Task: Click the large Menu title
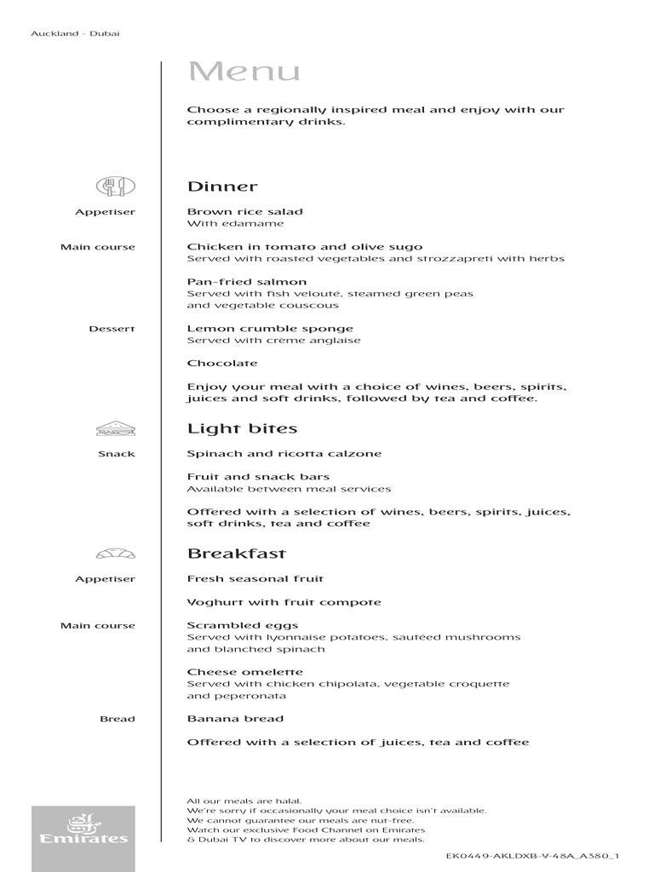click(x=244, y=72)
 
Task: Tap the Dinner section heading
click(x=222, y=186)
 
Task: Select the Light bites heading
click(x=242, y=428)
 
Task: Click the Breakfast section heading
click(x=237, y=554)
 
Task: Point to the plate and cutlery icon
click(x=116, y=186)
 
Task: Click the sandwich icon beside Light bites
click(x=116, y=427)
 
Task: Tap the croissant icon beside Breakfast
click(x=116, y=554)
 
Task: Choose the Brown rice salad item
click(x=245, y=212)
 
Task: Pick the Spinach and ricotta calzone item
click(x=284, y=454)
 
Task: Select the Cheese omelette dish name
click(x=245, y=672)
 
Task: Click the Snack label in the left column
click(x=117, y=454)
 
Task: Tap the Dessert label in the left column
click(x=112, y=329)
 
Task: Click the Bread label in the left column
click(x=118, y=719)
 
